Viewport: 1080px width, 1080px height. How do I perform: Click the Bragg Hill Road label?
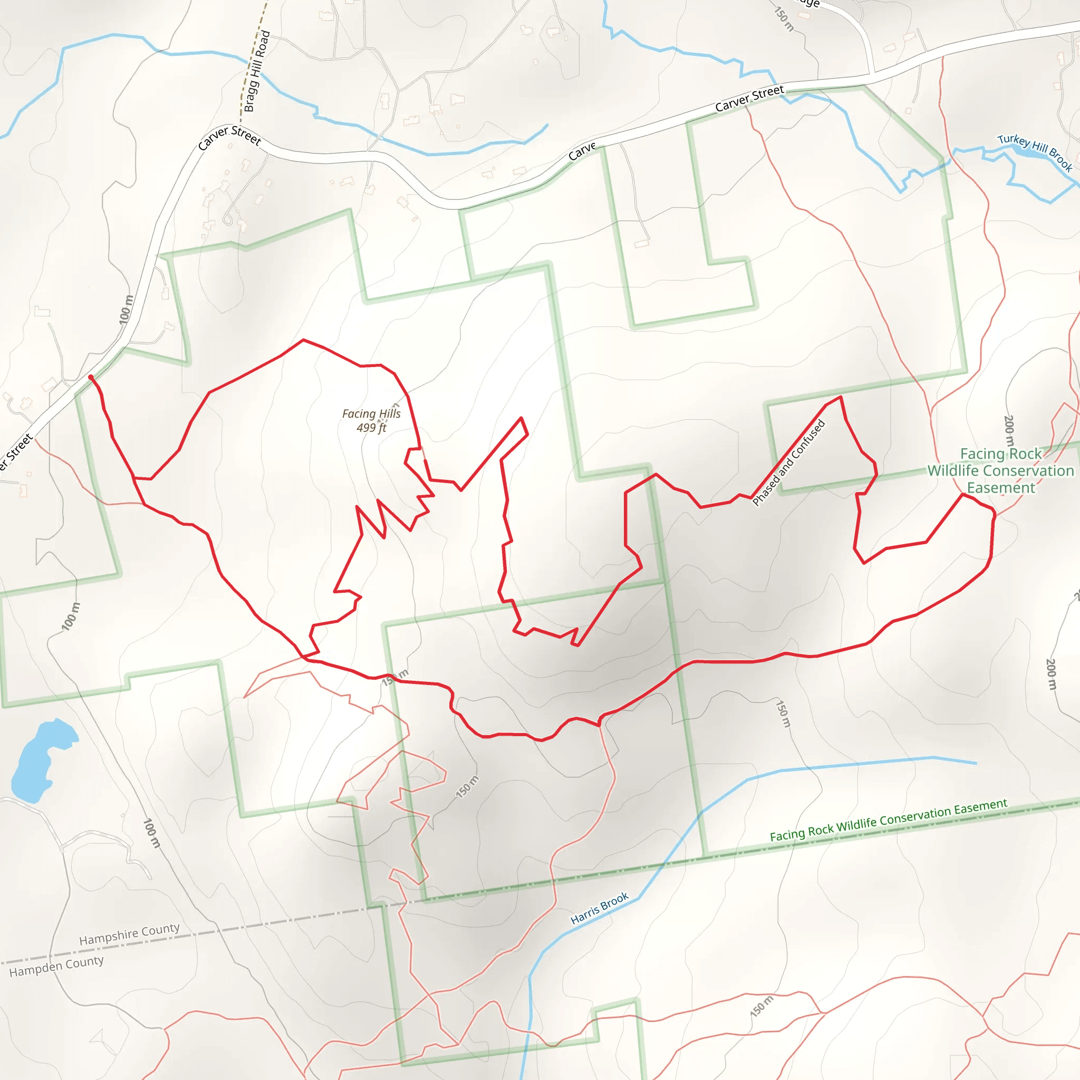257,72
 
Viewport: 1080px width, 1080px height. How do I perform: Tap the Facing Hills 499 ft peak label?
371,420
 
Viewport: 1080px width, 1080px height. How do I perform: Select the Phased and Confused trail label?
789,463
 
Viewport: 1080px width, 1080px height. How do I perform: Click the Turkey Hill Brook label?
1035,152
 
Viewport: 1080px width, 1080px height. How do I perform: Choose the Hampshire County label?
129,934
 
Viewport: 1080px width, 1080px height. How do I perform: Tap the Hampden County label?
56,966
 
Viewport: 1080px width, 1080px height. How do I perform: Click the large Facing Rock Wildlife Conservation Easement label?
1000,471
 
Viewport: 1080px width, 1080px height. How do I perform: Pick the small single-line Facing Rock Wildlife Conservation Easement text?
888,819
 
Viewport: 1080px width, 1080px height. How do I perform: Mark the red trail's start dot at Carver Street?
91,378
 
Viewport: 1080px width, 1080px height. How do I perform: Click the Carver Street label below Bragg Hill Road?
230,137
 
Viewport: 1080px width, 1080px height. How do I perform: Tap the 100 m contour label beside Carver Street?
127,309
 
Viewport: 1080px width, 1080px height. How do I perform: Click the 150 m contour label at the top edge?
784,18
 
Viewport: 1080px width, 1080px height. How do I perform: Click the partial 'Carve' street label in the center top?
582,151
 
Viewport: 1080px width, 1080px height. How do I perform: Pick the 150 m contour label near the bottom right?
761,1006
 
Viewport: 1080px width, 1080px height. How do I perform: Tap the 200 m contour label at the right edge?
1051,674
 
